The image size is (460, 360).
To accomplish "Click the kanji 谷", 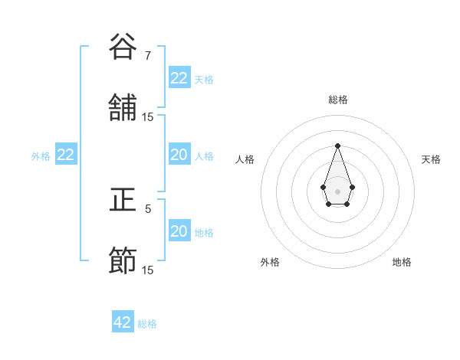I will click(123, 47).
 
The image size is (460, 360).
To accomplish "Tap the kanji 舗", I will click(123, 108).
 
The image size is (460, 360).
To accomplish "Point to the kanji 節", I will click(123, 261).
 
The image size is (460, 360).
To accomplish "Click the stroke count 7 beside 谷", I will click(148, 56).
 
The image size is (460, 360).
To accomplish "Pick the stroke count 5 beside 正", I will click(148, 208).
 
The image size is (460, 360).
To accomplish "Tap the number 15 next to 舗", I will click(148, 117).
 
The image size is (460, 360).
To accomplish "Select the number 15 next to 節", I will click(148, 270).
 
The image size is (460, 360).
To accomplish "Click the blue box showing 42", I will click(123, 322).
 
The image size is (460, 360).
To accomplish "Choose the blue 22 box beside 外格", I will click(66, 155).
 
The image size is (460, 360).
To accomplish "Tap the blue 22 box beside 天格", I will click(179, 78).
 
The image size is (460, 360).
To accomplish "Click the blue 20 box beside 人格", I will click(179, 155).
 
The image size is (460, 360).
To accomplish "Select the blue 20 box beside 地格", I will click(179, 231).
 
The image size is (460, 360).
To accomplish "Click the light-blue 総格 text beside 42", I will click(147, 324).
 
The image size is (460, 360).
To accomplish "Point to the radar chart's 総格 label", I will click(337, 100).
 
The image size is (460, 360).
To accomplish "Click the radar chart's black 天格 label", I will click(431, 159).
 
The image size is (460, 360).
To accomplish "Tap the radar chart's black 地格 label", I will click(402, 262).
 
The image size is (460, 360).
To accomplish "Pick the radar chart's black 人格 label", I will click(245, 159).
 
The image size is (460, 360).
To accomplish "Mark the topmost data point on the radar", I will click(337, 146).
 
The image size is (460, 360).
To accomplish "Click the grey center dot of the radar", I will click(337, 190).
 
